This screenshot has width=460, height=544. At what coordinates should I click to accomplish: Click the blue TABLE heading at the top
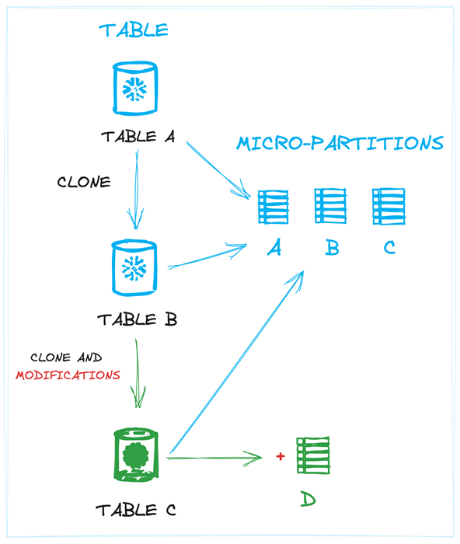click(133, 30)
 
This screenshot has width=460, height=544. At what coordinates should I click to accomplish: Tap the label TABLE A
click(138, 137)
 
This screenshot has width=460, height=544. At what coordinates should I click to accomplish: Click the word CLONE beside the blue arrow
click(84, 183)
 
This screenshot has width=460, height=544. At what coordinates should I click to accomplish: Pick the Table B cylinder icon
click(134, 267)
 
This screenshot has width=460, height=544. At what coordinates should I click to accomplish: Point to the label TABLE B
click(137, 319)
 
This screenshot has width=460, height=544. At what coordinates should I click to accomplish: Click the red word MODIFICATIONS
click(68, 375)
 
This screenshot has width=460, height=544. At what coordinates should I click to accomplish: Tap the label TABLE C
click(136, 511)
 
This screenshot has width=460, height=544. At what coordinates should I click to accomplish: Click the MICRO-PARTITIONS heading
click(340, 144)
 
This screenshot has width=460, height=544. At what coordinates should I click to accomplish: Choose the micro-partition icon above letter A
click(273, 207)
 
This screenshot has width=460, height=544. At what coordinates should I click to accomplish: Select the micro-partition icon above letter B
click(330, 206)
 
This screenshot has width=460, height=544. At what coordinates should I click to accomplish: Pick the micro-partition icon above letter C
click(389, 206)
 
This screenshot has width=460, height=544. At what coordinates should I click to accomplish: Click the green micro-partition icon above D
click(312, 455)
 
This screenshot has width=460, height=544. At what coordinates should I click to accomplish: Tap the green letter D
click(308, 499)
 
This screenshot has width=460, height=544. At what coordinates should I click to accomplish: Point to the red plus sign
click(281, 456)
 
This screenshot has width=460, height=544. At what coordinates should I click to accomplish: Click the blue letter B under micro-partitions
click(332, 248)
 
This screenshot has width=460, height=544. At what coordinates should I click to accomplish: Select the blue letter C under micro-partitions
click(389, 248)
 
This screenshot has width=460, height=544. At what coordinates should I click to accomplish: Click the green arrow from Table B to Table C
click(138, 373)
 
